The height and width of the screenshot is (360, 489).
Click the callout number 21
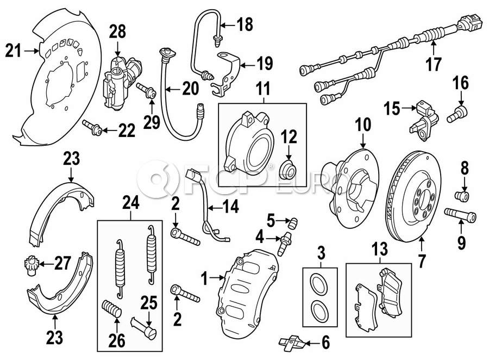click(15, 52)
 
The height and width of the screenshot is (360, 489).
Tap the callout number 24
click(130, 203)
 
